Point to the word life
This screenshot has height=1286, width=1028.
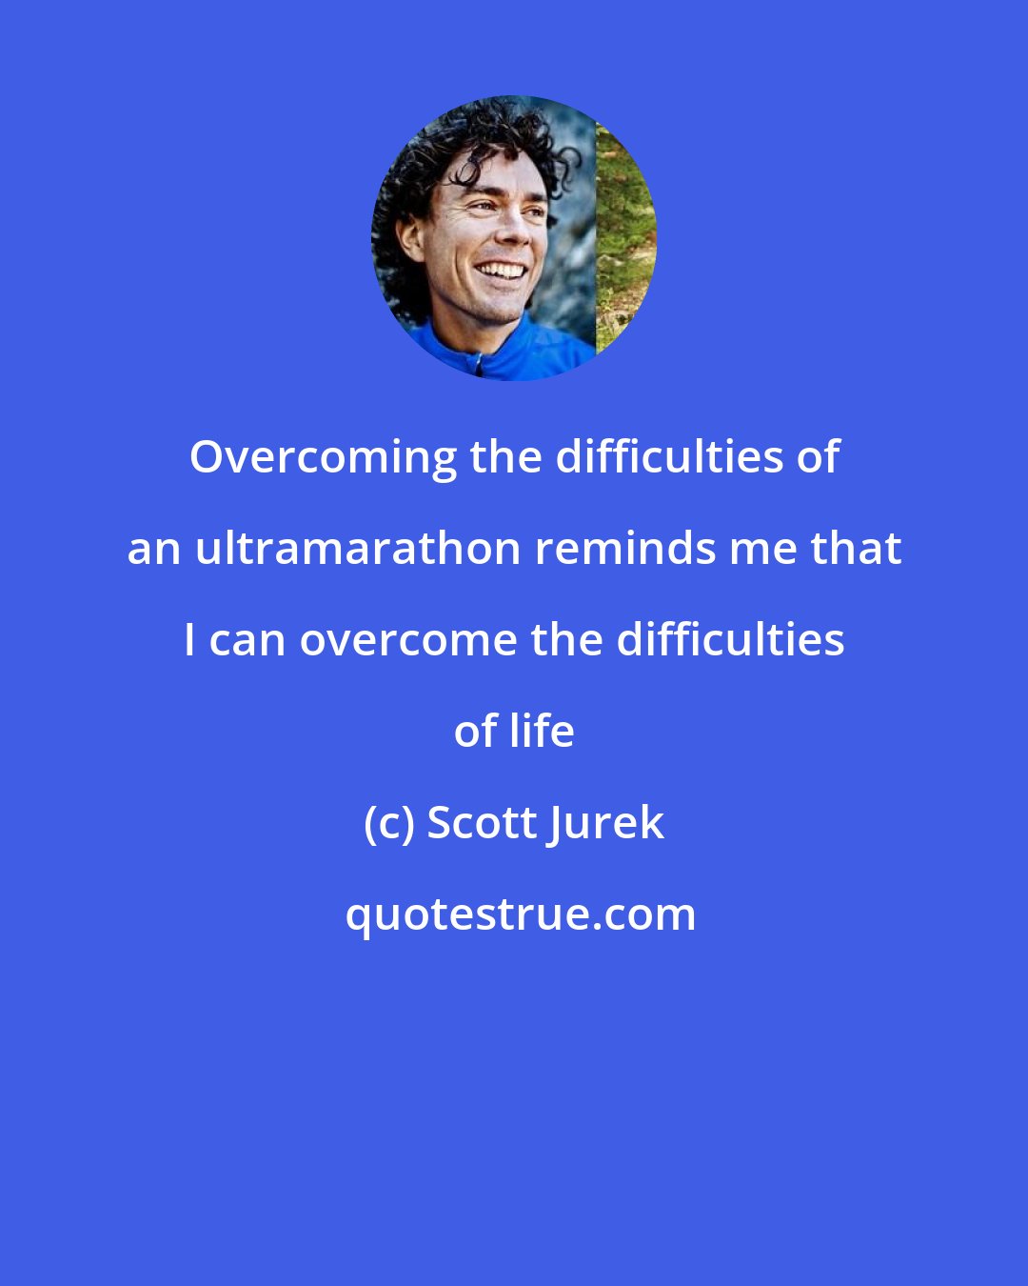pos(542,732)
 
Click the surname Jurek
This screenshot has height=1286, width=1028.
pos(605,823)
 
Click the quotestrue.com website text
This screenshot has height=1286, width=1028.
pos(520,914)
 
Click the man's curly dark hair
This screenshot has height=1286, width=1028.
pos(447,143)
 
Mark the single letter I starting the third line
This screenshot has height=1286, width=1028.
pos(190,640)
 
